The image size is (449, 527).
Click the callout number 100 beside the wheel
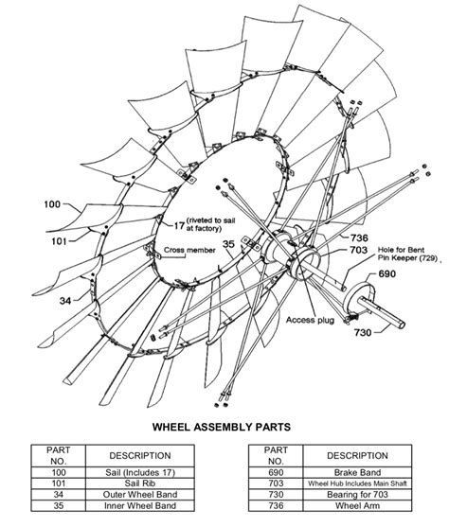[x=51, y=203]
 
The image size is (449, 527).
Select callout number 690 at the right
[x=387, y=272]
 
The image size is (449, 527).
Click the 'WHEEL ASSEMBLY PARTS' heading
[x=224, y=428]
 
